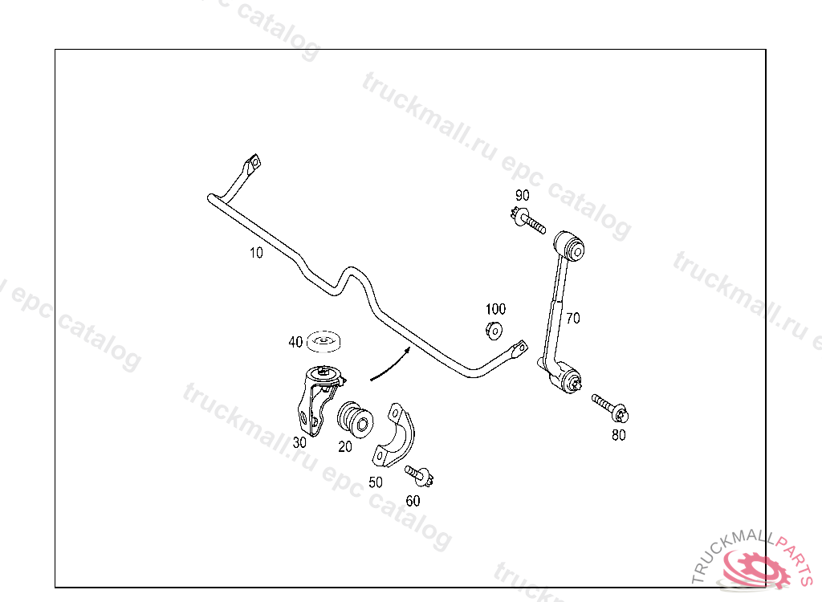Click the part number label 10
[256, 253]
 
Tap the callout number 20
[345, 447]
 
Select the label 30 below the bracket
[299, 442]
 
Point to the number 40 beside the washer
[295, 343]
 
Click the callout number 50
[375, 482]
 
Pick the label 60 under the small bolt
[413, 501]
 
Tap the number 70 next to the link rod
[572, 318]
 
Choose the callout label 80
[618, 436]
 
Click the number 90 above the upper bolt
[523, 195]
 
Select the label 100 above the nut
[495, 308]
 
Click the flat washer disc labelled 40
[324, 342]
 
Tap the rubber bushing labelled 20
[355, 418]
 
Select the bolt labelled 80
[611, 407]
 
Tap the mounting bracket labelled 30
[315, 398]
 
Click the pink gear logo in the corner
[755, 570]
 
